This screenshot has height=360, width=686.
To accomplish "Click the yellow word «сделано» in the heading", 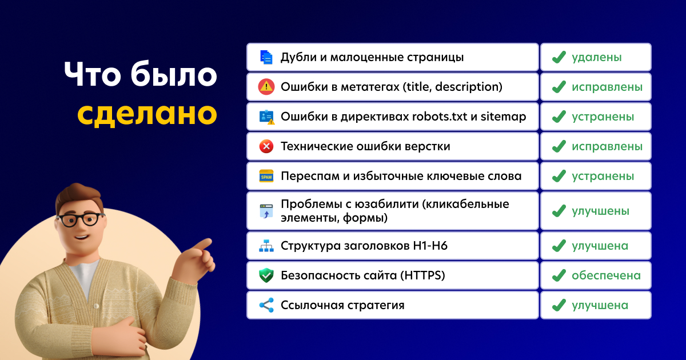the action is (x=147, y=113).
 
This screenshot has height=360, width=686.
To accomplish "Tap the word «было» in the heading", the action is (x=174, y=74).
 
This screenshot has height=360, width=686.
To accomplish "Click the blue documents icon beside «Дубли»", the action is (x=266, y=57).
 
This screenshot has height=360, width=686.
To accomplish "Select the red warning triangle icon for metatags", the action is (x=266, y=87).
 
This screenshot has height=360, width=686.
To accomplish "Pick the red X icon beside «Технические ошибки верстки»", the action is (x=266, y=146).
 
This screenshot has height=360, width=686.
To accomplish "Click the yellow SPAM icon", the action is (x=266, y=176).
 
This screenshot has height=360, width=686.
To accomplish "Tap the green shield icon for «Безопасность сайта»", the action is (x=266, y=275).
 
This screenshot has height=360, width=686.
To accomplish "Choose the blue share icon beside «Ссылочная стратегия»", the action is (x=266, y=305).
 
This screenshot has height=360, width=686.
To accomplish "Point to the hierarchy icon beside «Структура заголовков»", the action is (x=266, y=246).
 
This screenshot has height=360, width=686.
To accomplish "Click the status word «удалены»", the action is (x=597, y=57).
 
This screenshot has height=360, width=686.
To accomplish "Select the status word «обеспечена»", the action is (x=606, y=275).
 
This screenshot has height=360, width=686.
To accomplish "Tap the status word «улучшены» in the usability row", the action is (x=600, y=211).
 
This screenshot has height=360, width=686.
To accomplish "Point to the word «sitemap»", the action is (x=503, y=117).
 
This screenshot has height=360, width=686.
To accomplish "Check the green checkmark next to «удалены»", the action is (x=559, y=57).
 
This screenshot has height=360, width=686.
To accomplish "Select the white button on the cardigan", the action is (x=96, y=306).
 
